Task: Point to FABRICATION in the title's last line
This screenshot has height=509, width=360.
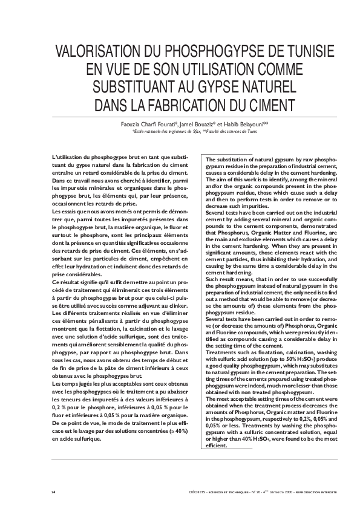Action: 189,101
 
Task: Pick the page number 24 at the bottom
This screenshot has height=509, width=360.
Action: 54,493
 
